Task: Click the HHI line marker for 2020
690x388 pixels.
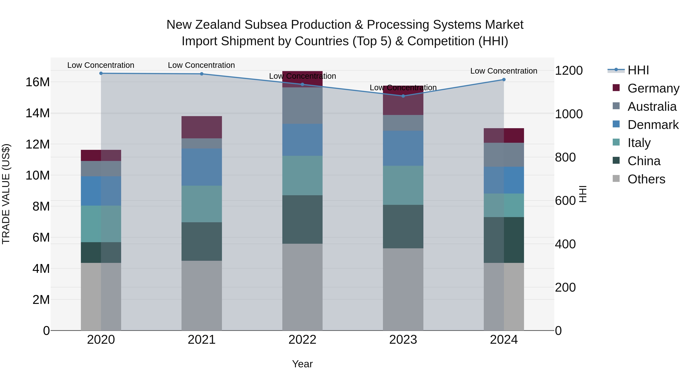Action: tap(101, 73)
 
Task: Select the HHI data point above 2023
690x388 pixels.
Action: tap(403, 96)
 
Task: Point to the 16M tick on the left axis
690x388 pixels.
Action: tap(38, 82)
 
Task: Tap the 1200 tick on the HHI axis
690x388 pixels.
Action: tap(569, 71)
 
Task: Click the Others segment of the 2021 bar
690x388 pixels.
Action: tap(202, 296)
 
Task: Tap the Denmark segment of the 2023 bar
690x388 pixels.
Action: tap(403, 148)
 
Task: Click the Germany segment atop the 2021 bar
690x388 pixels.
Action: tap(202, 127)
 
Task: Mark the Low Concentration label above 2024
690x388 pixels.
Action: tap(504, 71)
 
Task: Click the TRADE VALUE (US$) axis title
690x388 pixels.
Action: tap(6, 194)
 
